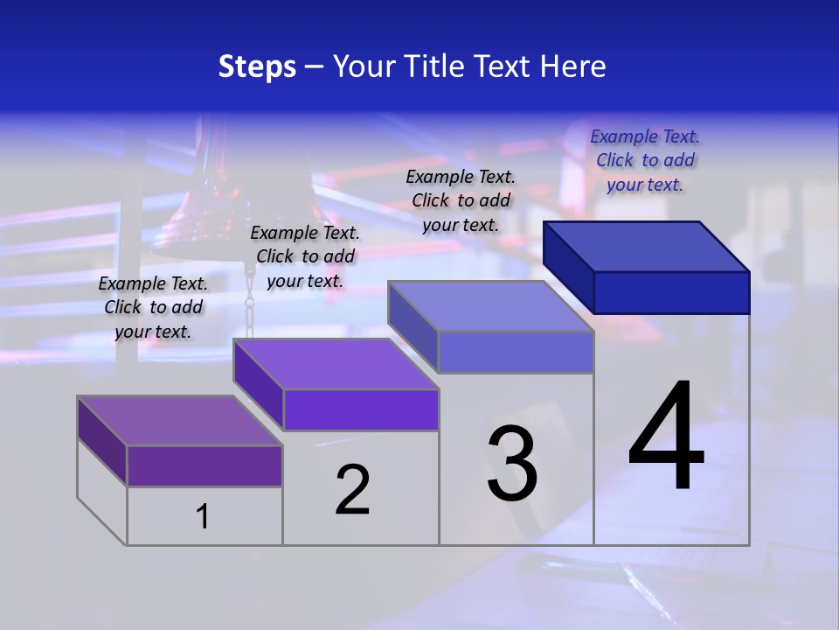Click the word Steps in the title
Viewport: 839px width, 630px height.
[257, 66]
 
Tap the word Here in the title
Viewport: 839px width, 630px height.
[572, 66]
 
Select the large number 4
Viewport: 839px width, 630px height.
[666, 437]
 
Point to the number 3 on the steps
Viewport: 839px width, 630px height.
[512, 464]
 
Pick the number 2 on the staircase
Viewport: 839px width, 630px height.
[352, 490]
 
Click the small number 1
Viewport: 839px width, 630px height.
[203, 516]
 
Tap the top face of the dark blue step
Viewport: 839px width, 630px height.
[647, 246]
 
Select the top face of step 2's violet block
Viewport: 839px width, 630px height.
[336, 364]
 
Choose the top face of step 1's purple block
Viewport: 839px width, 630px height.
[180, 421]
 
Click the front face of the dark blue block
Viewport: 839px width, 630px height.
[671, 292]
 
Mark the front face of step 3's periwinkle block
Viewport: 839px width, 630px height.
[516, 352]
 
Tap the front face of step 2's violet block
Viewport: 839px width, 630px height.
[361, 409]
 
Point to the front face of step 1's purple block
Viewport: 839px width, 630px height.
[205, 465]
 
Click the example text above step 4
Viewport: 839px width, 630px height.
[645, 160]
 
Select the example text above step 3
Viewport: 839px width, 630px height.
[461, 200]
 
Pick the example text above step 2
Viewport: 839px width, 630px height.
[305, 256]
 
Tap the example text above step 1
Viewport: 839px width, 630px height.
[153, 307]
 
